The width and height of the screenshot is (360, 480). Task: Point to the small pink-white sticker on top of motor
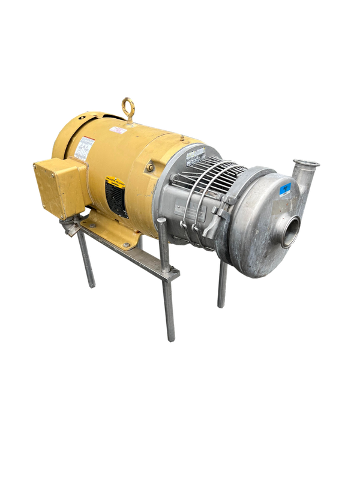pos(118,129)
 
